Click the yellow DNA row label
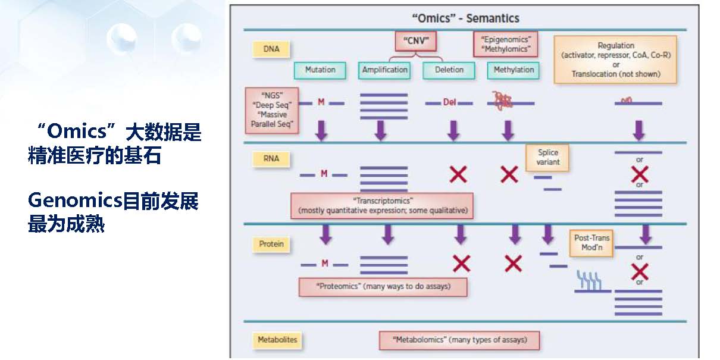pos(271,49)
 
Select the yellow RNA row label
pos(271,159)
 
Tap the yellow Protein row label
pos(271,244)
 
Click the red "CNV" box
pos(416,41)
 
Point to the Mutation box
pos(320,70)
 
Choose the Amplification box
pos(385,70)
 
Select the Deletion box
pos(449,70)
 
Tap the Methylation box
pos(514,70)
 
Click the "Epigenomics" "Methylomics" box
pos(505,44)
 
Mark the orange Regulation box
pos(615,60)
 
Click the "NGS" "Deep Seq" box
pos(271,110)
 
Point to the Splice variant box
pos(547,157)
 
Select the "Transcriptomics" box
pos(382,205)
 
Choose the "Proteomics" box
pos(383,287)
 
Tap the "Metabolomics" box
pos(460,340)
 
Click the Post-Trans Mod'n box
pos(591,243)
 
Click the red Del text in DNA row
pos(449,102)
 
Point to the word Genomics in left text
pos(74,202)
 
